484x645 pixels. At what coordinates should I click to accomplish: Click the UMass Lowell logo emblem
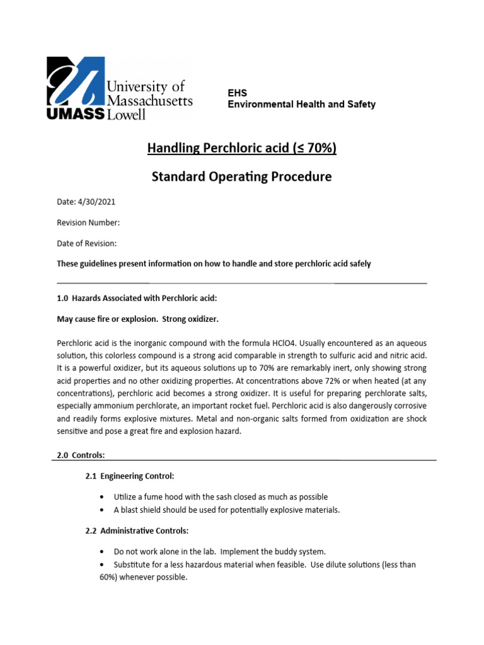74,82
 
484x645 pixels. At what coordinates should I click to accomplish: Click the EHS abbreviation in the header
237,93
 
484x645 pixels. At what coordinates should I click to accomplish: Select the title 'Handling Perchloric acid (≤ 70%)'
242,148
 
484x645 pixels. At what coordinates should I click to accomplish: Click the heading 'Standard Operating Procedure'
242,177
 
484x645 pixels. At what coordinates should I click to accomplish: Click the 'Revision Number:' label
88,223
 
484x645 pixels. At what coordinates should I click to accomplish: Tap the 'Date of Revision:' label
87,243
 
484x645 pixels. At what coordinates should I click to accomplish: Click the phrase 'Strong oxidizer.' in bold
190,319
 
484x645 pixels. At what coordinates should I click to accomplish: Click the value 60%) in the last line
110,576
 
